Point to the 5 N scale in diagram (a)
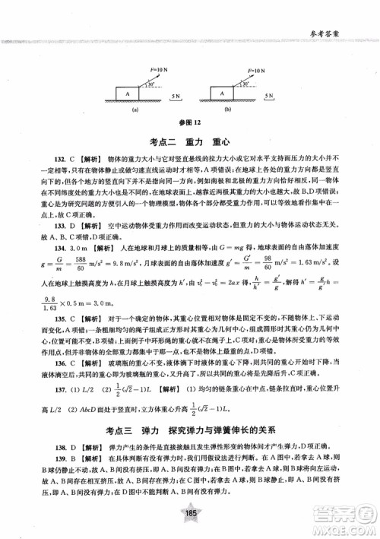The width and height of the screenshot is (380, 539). pyautogui.click(x=176, y=97)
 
